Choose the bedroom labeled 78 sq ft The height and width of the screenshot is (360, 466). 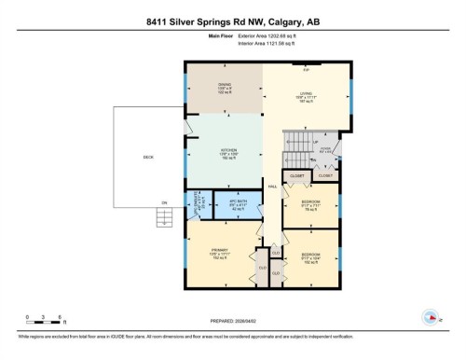(311, 204)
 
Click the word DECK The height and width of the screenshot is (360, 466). (148, 157)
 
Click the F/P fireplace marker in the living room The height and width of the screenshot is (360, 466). (306, 69)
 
